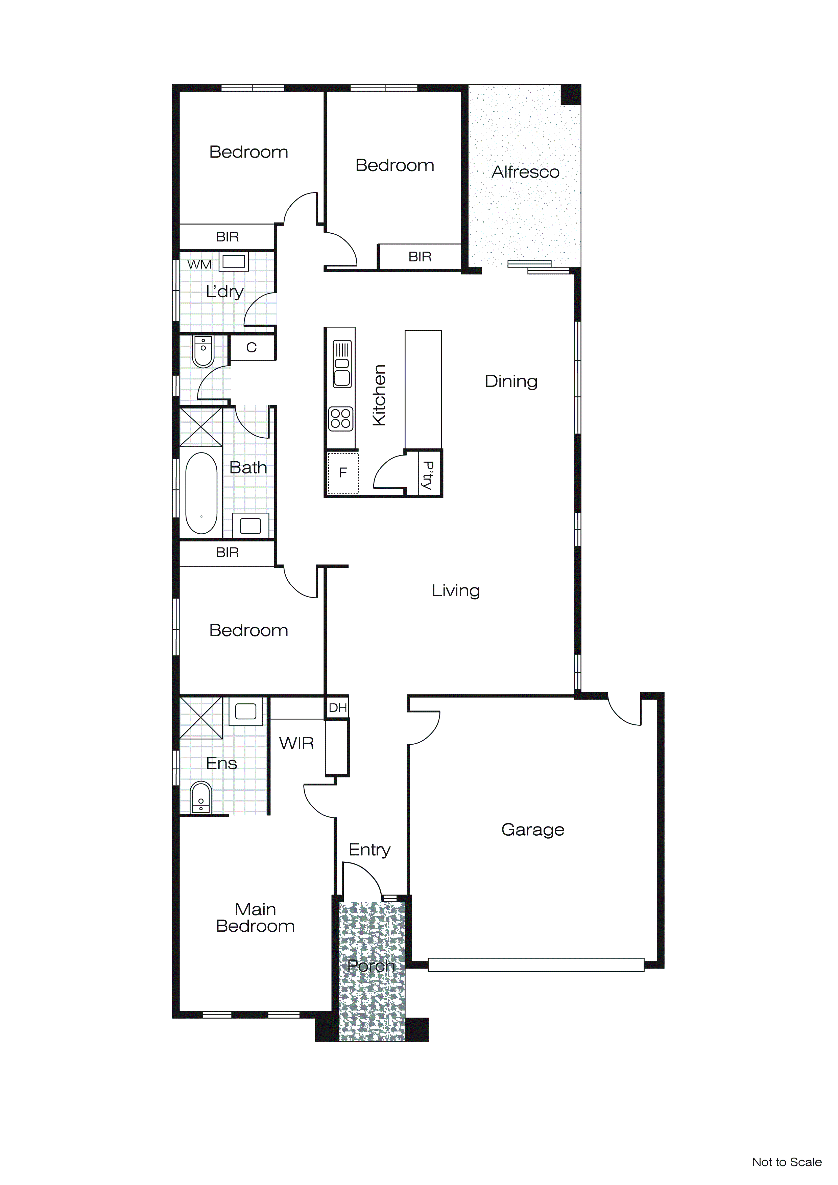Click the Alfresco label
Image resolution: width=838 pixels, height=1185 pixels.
coord(525,172)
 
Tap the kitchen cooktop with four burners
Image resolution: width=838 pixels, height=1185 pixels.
coord(340,419)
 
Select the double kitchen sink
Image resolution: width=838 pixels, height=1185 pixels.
coord(342,364)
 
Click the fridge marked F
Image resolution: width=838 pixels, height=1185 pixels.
coord(343,473)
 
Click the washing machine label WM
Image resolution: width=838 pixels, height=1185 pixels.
coord(199,265)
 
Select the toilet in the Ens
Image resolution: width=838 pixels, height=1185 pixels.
coord(201,797)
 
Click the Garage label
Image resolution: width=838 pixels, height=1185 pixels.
coord(532,829)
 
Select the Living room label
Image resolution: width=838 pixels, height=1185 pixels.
coord(456,590)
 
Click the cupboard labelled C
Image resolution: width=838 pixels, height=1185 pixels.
coord(251,347)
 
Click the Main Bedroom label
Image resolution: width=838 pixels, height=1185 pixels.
coord(256,917)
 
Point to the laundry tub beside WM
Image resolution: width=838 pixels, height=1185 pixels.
coord(234,262)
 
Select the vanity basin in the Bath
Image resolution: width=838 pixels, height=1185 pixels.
coord(250,526)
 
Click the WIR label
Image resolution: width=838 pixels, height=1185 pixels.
coord(296,743)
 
